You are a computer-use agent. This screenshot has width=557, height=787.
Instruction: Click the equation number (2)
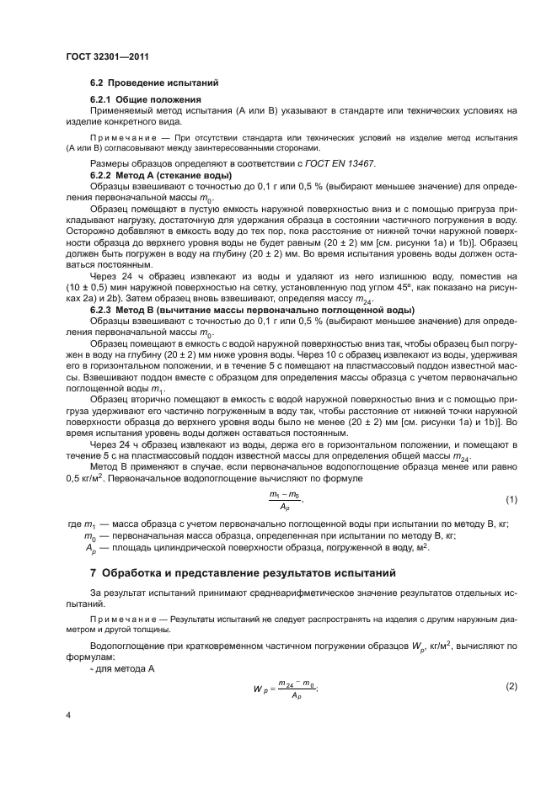(x=511, y=688)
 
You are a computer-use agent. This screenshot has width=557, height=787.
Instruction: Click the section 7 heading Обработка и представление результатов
(x=249, y=573)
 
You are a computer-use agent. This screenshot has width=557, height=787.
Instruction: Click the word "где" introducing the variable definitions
(x=73, y=524)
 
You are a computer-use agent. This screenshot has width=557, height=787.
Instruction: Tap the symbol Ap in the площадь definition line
(x=90, y=547)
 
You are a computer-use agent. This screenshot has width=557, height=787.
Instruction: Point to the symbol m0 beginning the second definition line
(x=90, y=536)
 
